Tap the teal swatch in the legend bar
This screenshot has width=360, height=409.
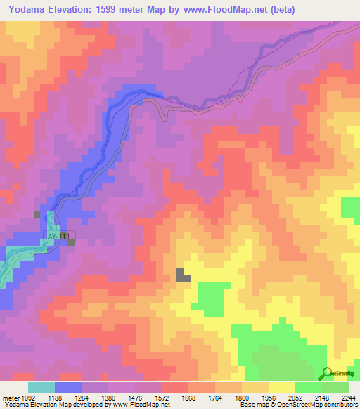pyautogui.click(x=41, y=387)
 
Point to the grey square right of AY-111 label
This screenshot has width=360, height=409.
pyautogui.click(x=71, y=242)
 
